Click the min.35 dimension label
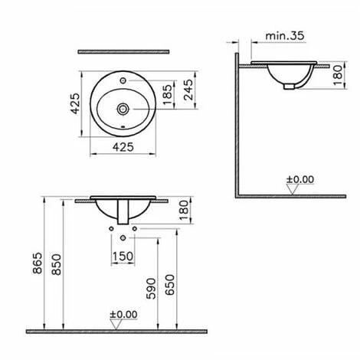tap(285, 36)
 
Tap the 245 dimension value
tap(189, 90)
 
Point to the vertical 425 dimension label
tap(75, 103)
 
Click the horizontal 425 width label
tap(123, 147)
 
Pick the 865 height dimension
tap(38, 263)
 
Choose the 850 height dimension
tap(57, 264)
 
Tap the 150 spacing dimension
tap(123, 257)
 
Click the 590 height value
tap(151, 289)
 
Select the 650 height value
tap(170, 285)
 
